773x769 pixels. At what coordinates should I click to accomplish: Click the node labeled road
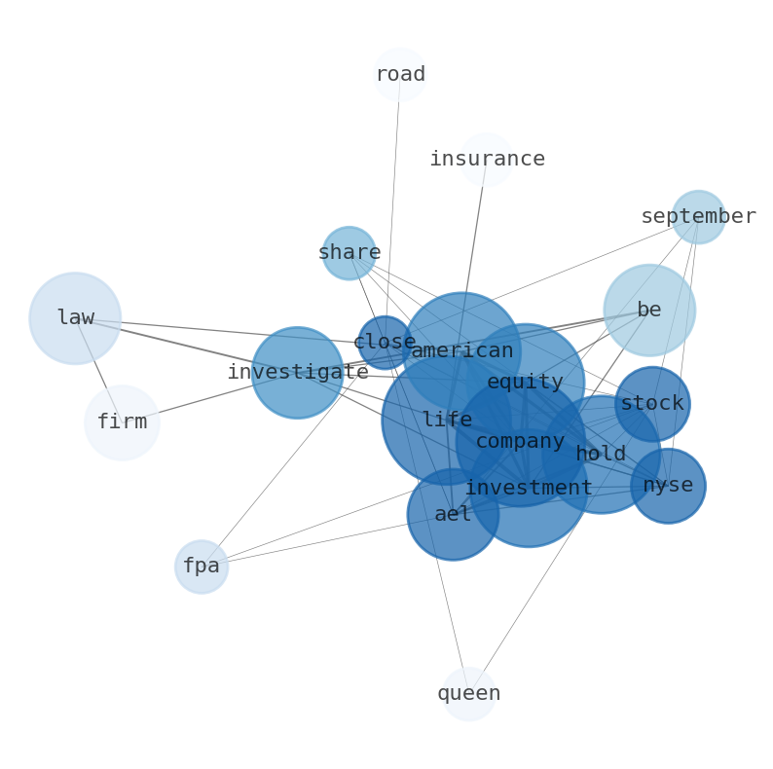[x=400, y=75]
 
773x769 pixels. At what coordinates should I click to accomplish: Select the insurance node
[x=486, y=160]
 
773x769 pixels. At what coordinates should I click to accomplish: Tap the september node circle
[x=698, y=217]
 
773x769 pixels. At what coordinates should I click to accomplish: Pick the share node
[x=349, y=253]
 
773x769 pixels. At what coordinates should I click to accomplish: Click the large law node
[x=75, y=318]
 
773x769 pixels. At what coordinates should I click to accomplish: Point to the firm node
[x=122, y=422]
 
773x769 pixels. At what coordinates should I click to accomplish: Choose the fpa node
[x=202, y=567]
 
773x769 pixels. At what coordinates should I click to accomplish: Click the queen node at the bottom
[x=468, y=694]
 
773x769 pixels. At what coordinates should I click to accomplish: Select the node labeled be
[x=649, y=311]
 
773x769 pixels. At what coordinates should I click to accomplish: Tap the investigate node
[x=297, y=372]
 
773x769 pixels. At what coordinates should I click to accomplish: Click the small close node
[x=385, y=343]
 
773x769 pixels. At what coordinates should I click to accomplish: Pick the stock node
[x=652, y=404]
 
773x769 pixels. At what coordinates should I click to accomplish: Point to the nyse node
[x=668, y=486]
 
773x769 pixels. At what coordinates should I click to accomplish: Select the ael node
[x=453, y=515]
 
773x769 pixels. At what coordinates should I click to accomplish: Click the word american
[x=461, y=350]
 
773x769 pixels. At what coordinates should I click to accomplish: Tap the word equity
[x=525, y=383]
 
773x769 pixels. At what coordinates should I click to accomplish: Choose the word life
[x=447, y=420]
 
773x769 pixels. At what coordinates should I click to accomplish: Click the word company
[x=520, y=441]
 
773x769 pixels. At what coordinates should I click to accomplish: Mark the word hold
[x=601, y=455]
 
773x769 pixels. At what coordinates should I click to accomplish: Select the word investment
[x=529, y=488]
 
